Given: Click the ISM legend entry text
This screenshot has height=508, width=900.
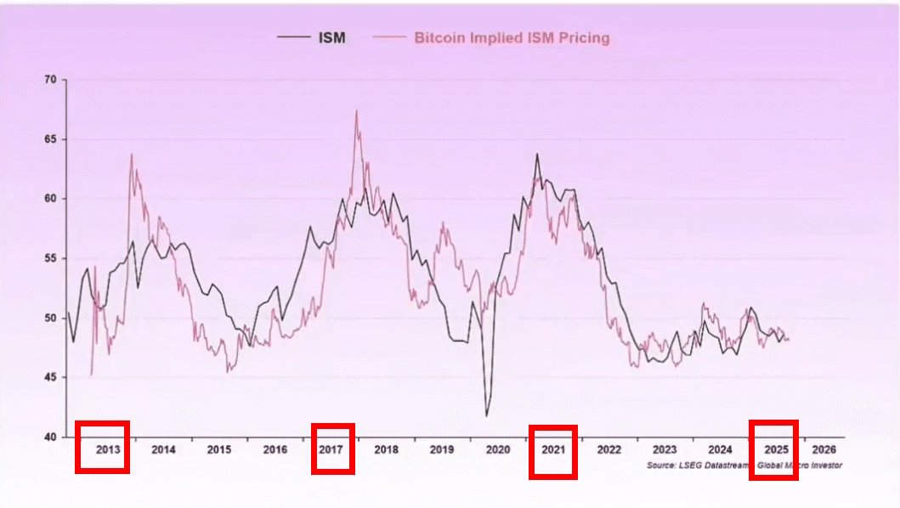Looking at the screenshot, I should click(x=332, y=37).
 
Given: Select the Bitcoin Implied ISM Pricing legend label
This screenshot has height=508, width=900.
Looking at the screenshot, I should click(x=512, y=37).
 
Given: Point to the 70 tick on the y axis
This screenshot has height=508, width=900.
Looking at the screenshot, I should click(x=50, y=80).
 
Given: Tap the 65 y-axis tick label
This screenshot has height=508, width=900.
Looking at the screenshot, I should click(x=50, y=139).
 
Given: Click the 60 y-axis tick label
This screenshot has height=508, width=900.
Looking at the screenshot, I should click(x=50, y=199).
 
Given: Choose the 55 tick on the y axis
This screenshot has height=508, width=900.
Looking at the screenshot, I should click(x=50, y=259).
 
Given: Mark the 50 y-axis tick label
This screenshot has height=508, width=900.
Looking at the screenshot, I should click(x=50, y=319).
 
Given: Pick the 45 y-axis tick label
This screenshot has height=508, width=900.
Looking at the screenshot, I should click(x=50, y=378).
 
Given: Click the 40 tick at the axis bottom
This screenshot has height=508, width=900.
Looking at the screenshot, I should click(x=50, y=437).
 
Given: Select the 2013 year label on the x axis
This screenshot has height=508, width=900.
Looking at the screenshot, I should click(x=109, y=449).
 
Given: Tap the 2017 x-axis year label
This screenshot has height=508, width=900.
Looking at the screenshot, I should click(x=331, y=449).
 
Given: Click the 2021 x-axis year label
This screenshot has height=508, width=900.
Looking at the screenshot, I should click(x=553, y=449).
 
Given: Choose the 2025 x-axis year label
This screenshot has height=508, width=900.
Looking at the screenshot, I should click(x=776, y=449).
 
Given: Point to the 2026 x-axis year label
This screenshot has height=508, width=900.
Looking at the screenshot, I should click(x=824, y=449).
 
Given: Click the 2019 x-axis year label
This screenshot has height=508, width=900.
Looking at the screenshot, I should click(x=441, y=449).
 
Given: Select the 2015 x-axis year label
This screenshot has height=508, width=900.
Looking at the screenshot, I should click(x=219, y=449).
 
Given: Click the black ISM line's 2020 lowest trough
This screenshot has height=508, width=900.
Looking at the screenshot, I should click(x=487, y=415).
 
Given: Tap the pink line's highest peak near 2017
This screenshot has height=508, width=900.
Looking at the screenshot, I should click(x=356, y=110).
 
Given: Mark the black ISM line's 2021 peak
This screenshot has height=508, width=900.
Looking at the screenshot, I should click(x=537, y=154).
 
